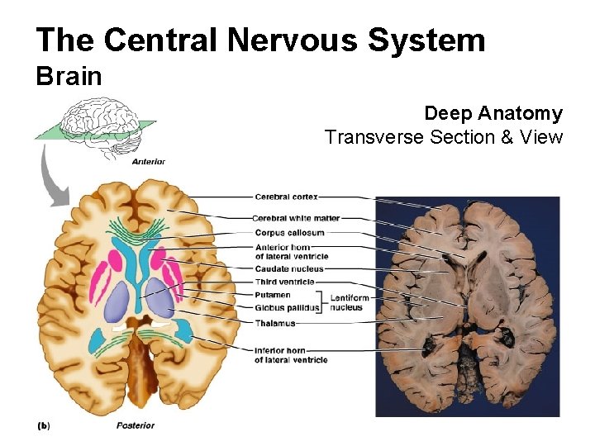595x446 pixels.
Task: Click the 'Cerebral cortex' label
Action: click(x=286, y=197)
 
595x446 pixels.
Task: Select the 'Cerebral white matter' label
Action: click(x=296, y=218)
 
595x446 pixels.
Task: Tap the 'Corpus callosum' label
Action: click(x=289, y=233)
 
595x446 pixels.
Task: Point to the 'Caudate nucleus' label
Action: click(x=289, y=269)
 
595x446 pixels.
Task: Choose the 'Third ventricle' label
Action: click(x=284, y=282)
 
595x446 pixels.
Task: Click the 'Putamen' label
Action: click(x=273, y=295)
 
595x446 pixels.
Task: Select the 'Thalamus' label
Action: click(x=274, y=323)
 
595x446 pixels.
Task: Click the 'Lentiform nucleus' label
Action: click(x=347, y=301)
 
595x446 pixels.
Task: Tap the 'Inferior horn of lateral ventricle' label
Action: click(x=291, y=354)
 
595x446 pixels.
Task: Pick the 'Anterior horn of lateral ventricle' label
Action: click(x=291, y=251)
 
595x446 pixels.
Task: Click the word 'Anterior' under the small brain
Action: click(x=149, y=162)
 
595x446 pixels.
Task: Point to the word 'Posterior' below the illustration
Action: click(x=135, y=425)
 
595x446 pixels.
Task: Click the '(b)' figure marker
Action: click(x=44, y=425)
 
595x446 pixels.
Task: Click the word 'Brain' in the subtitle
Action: click(x=69, y=77)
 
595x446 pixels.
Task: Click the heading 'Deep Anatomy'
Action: click(x=493, y=113)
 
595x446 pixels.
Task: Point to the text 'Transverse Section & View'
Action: click(x=444, y=136)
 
